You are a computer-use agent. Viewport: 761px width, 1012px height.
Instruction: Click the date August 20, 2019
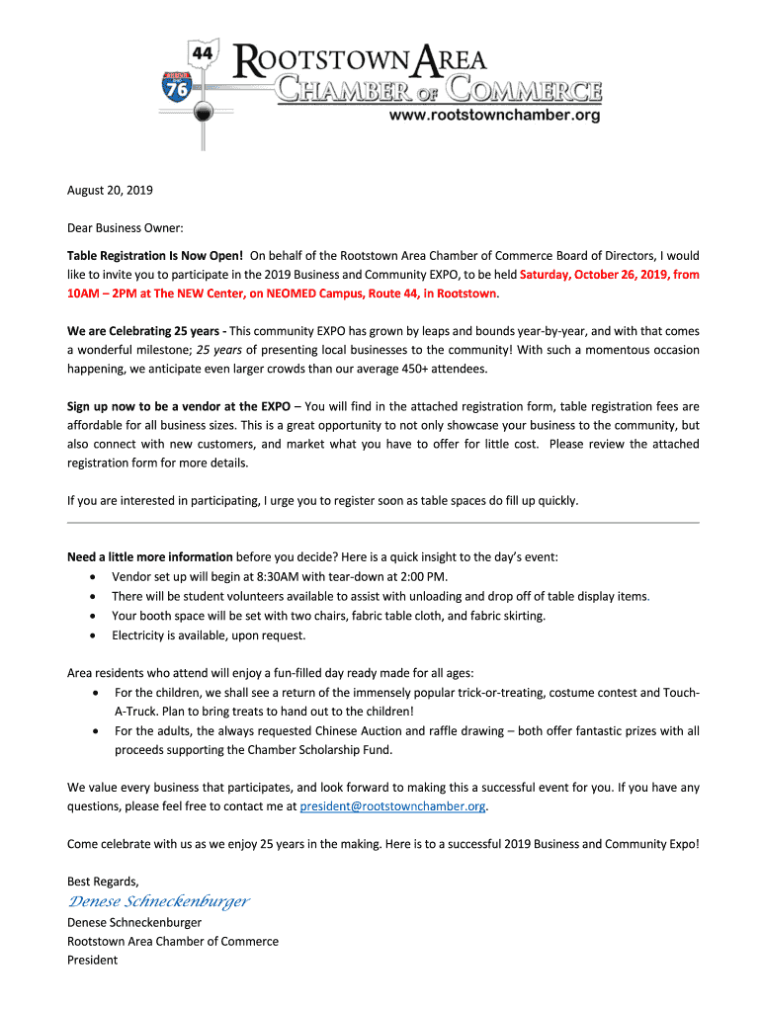point(110,190)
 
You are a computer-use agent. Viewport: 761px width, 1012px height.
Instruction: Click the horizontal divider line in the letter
point(382,522)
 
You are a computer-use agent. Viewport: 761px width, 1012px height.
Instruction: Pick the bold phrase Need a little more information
point(150,557)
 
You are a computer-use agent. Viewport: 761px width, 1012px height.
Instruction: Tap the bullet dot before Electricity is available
point(93,635)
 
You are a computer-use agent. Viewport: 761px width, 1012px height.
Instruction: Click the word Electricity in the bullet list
point(139,635)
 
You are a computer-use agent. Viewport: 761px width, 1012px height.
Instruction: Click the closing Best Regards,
point(103,881)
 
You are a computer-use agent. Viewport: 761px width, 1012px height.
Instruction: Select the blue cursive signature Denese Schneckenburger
point(158,901)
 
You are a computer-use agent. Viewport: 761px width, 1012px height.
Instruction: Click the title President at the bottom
point(92,960)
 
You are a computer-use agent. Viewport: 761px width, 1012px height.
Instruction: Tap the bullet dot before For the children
point(93,693)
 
